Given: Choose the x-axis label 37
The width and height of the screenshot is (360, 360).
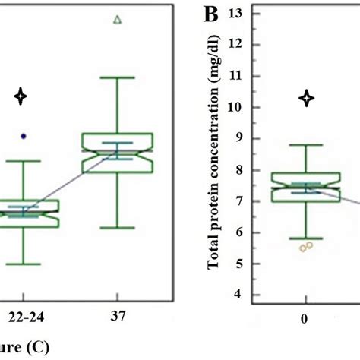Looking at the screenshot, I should click(x=118, y=317).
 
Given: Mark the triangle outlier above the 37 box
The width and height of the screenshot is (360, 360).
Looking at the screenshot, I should click(x=116, y=21).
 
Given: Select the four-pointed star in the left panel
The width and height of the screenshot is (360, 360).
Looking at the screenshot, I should click(x=22, y=96).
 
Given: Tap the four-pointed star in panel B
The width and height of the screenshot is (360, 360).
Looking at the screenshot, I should click(x=306, y=97).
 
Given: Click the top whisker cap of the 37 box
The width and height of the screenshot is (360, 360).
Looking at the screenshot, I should click(x=118, y=77).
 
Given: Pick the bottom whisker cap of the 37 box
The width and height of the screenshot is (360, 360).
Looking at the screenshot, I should click(x=118, y=227).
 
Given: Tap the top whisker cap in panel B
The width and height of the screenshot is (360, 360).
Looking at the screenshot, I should click(x=305, y=145).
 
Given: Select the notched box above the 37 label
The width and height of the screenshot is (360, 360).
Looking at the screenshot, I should click(x=118, y=152).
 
